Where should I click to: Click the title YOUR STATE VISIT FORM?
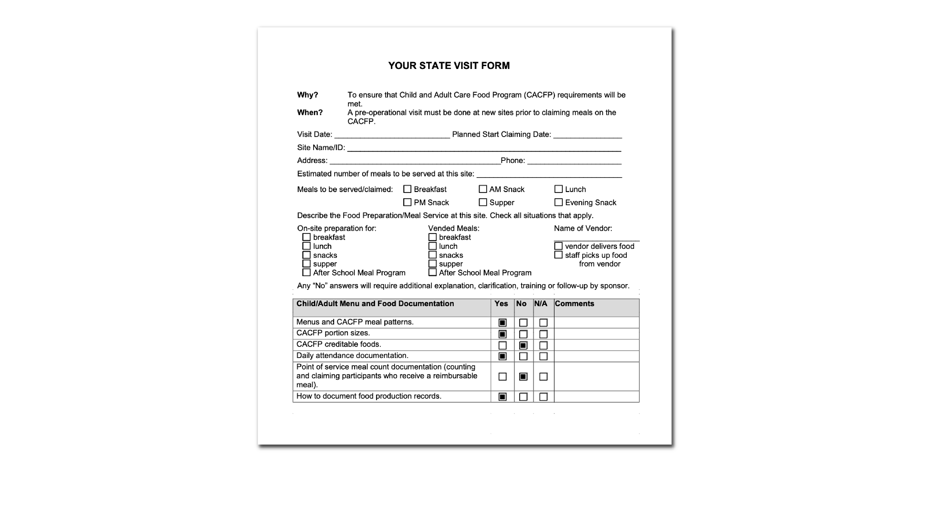(x=449, y=66)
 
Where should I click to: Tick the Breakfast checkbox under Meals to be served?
(x=407, y=189)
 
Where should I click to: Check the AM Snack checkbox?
(x=483, y=189)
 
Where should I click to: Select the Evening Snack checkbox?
(x=558, y=202)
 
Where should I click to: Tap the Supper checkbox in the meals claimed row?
(x=483, y=202)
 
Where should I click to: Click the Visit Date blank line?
(x=392, y=135)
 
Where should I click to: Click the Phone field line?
(x=574, y=161)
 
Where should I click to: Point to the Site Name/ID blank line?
(x=484, y=148)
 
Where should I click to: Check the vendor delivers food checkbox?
(x=558, y=246)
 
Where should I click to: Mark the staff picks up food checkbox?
(x=558, y=255)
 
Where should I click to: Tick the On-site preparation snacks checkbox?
(x=307, y=255)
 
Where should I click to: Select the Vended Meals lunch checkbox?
(x=433, y=246)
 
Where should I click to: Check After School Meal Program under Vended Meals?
(x=433, y=272)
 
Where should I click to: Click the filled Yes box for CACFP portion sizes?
(x=502, y=334)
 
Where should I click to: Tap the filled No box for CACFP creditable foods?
(x=523, y=345)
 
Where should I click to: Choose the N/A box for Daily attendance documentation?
(x=543, y=356)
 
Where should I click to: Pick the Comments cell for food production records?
(x=596, y=396)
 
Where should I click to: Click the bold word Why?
(x=308, y=95)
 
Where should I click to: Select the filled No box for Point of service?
(x=523, y=376)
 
